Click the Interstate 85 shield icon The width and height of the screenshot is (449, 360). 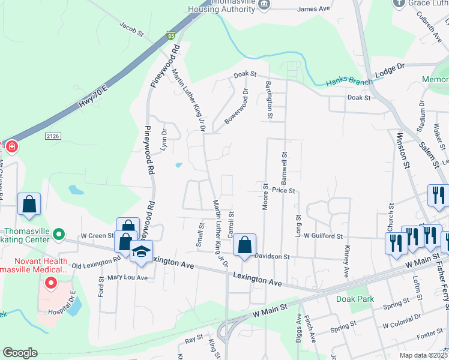[172, 36]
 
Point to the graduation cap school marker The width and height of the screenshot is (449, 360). [141, 252]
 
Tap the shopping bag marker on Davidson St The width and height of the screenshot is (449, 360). [244, 245]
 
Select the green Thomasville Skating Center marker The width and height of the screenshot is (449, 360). [58, 234]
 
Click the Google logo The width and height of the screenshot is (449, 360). [20, 353]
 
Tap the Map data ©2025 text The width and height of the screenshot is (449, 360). [423, 355]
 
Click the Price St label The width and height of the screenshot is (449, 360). [283, 190]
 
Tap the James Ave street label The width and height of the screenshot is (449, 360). [314, 9]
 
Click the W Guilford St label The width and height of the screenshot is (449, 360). [323, 236]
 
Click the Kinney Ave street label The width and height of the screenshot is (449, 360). [346, 262]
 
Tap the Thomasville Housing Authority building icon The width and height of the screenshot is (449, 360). [264, 5]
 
